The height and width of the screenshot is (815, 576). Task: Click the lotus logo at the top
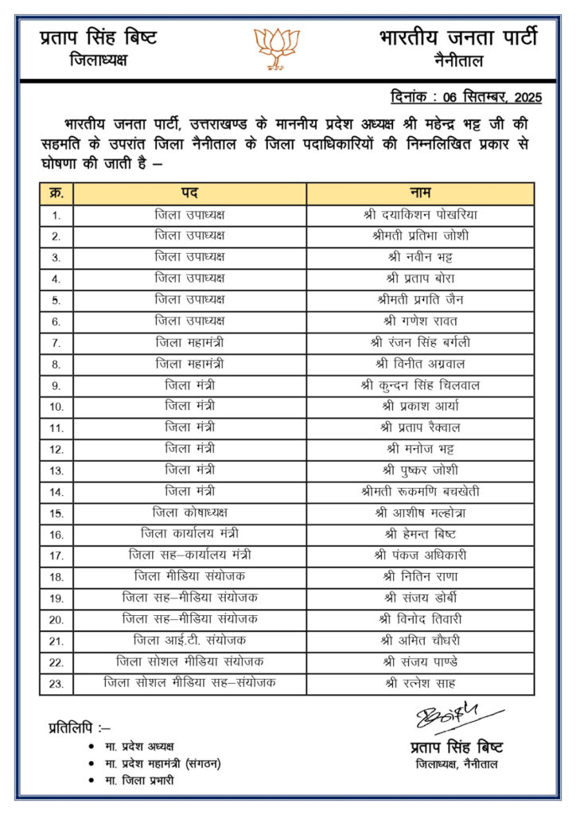point(277,48)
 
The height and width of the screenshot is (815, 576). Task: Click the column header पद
point(189,193)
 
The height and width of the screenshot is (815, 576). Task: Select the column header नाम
point(420,193)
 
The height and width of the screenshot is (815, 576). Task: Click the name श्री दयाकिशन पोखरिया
point(420,215)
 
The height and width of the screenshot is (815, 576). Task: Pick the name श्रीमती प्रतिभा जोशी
point(420,236)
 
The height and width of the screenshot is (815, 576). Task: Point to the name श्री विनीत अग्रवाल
point(420,364)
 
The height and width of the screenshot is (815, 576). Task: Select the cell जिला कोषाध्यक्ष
point(189,513)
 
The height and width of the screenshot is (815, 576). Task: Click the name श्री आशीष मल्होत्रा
point(420,513)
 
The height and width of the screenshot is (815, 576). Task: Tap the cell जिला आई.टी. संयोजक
point(189,641)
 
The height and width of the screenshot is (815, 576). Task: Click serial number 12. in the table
point(56,449)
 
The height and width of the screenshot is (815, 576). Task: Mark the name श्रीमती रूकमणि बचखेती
point(420,492)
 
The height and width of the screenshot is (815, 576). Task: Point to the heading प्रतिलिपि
point(79,727)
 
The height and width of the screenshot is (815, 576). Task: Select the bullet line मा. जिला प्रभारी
point(139,780)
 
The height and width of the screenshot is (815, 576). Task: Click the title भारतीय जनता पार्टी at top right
point(458,37)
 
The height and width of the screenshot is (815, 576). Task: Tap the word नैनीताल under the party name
point(459,60)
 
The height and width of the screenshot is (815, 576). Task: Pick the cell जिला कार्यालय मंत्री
point(189,534)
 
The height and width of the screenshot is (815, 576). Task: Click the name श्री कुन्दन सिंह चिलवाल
point(420,385)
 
